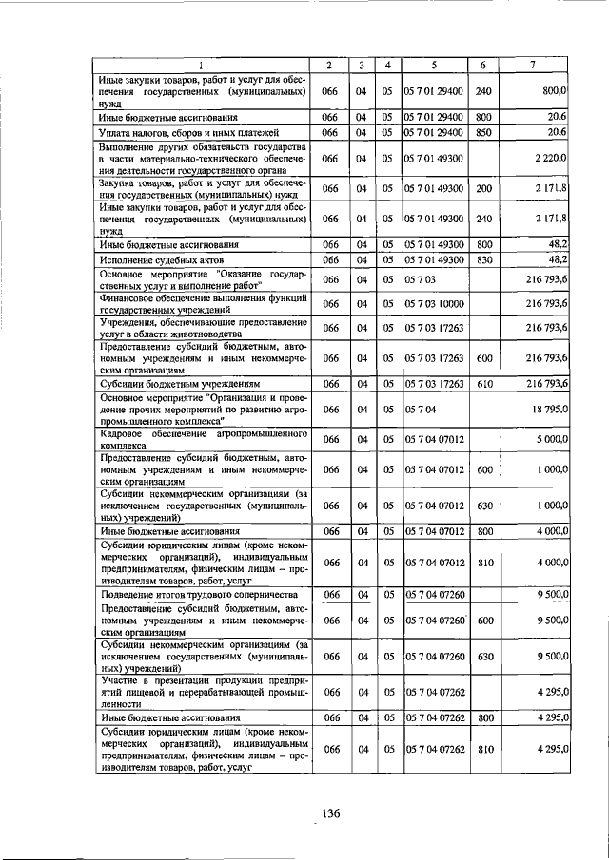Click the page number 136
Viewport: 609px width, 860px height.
[x=330, y=812]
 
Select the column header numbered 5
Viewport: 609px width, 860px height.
[x=434, y=65]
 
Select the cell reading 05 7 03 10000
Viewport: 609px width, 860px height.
[x=434, y=303]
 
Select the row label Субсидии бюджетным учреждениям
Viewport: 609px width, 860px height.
[x=169, y=383]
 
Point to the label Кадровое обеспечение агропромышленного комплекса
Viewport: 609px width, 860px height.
[x=201, y=438]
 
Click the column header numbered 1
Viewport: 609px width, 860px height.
[x=201, y=65]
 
